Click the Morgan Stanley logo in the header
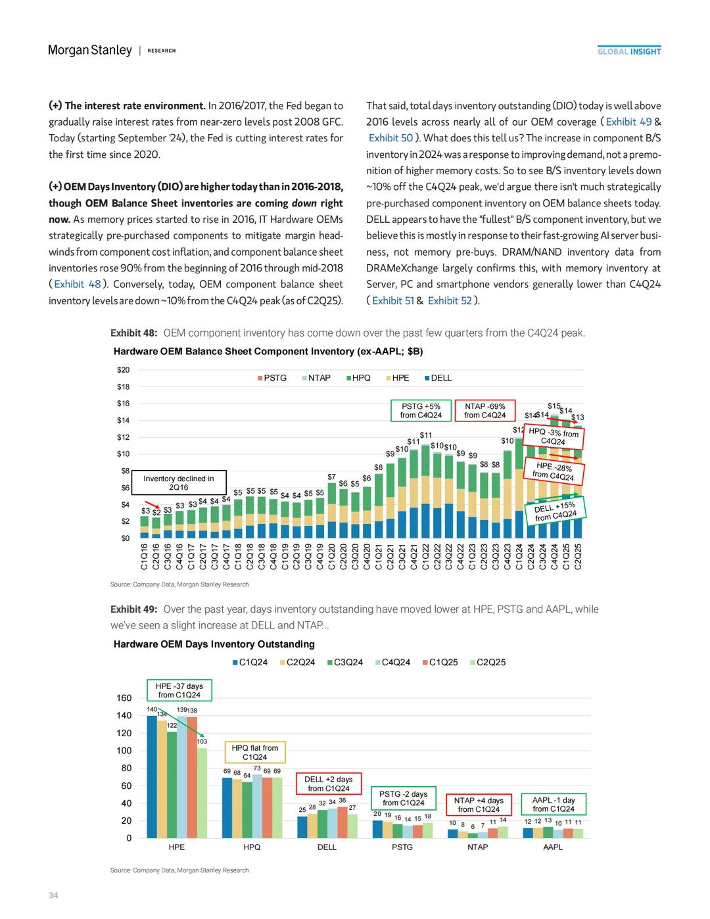coord(89,51)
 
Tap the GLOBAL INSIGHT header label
coord(629,51)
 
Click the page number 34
coord(53,895)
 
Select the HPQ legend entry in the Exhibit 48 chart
coord(358,378)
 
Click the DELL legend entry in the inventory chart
coord(438,378)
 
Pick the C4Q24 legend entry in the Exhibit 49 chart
coord(392,663)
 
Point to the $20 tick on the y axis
coord(123,370)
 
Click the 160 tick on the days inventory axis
coord(124,698)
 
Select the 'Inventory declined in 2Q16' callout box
coord(179,483)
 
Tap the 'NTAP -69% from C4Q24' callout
coord(485,411)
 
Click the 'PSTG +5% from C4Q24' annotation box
coord(421,411)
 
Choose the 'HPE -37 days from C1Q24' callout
coord(179,690)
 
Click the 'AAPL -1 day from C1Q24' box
coord(553,805)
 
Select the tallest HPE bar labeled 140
coord(152,776)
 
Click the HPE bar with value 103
coord(202,792)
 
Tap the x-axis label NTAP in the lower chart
coord(477,847)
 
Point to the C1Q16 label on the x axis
coord(145,556)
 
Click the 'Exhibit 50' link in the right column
coord(390,138)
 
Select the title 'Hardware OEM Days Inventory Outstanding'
coord(214,644)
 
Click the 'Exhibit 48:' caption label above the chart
coord(134,333)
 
